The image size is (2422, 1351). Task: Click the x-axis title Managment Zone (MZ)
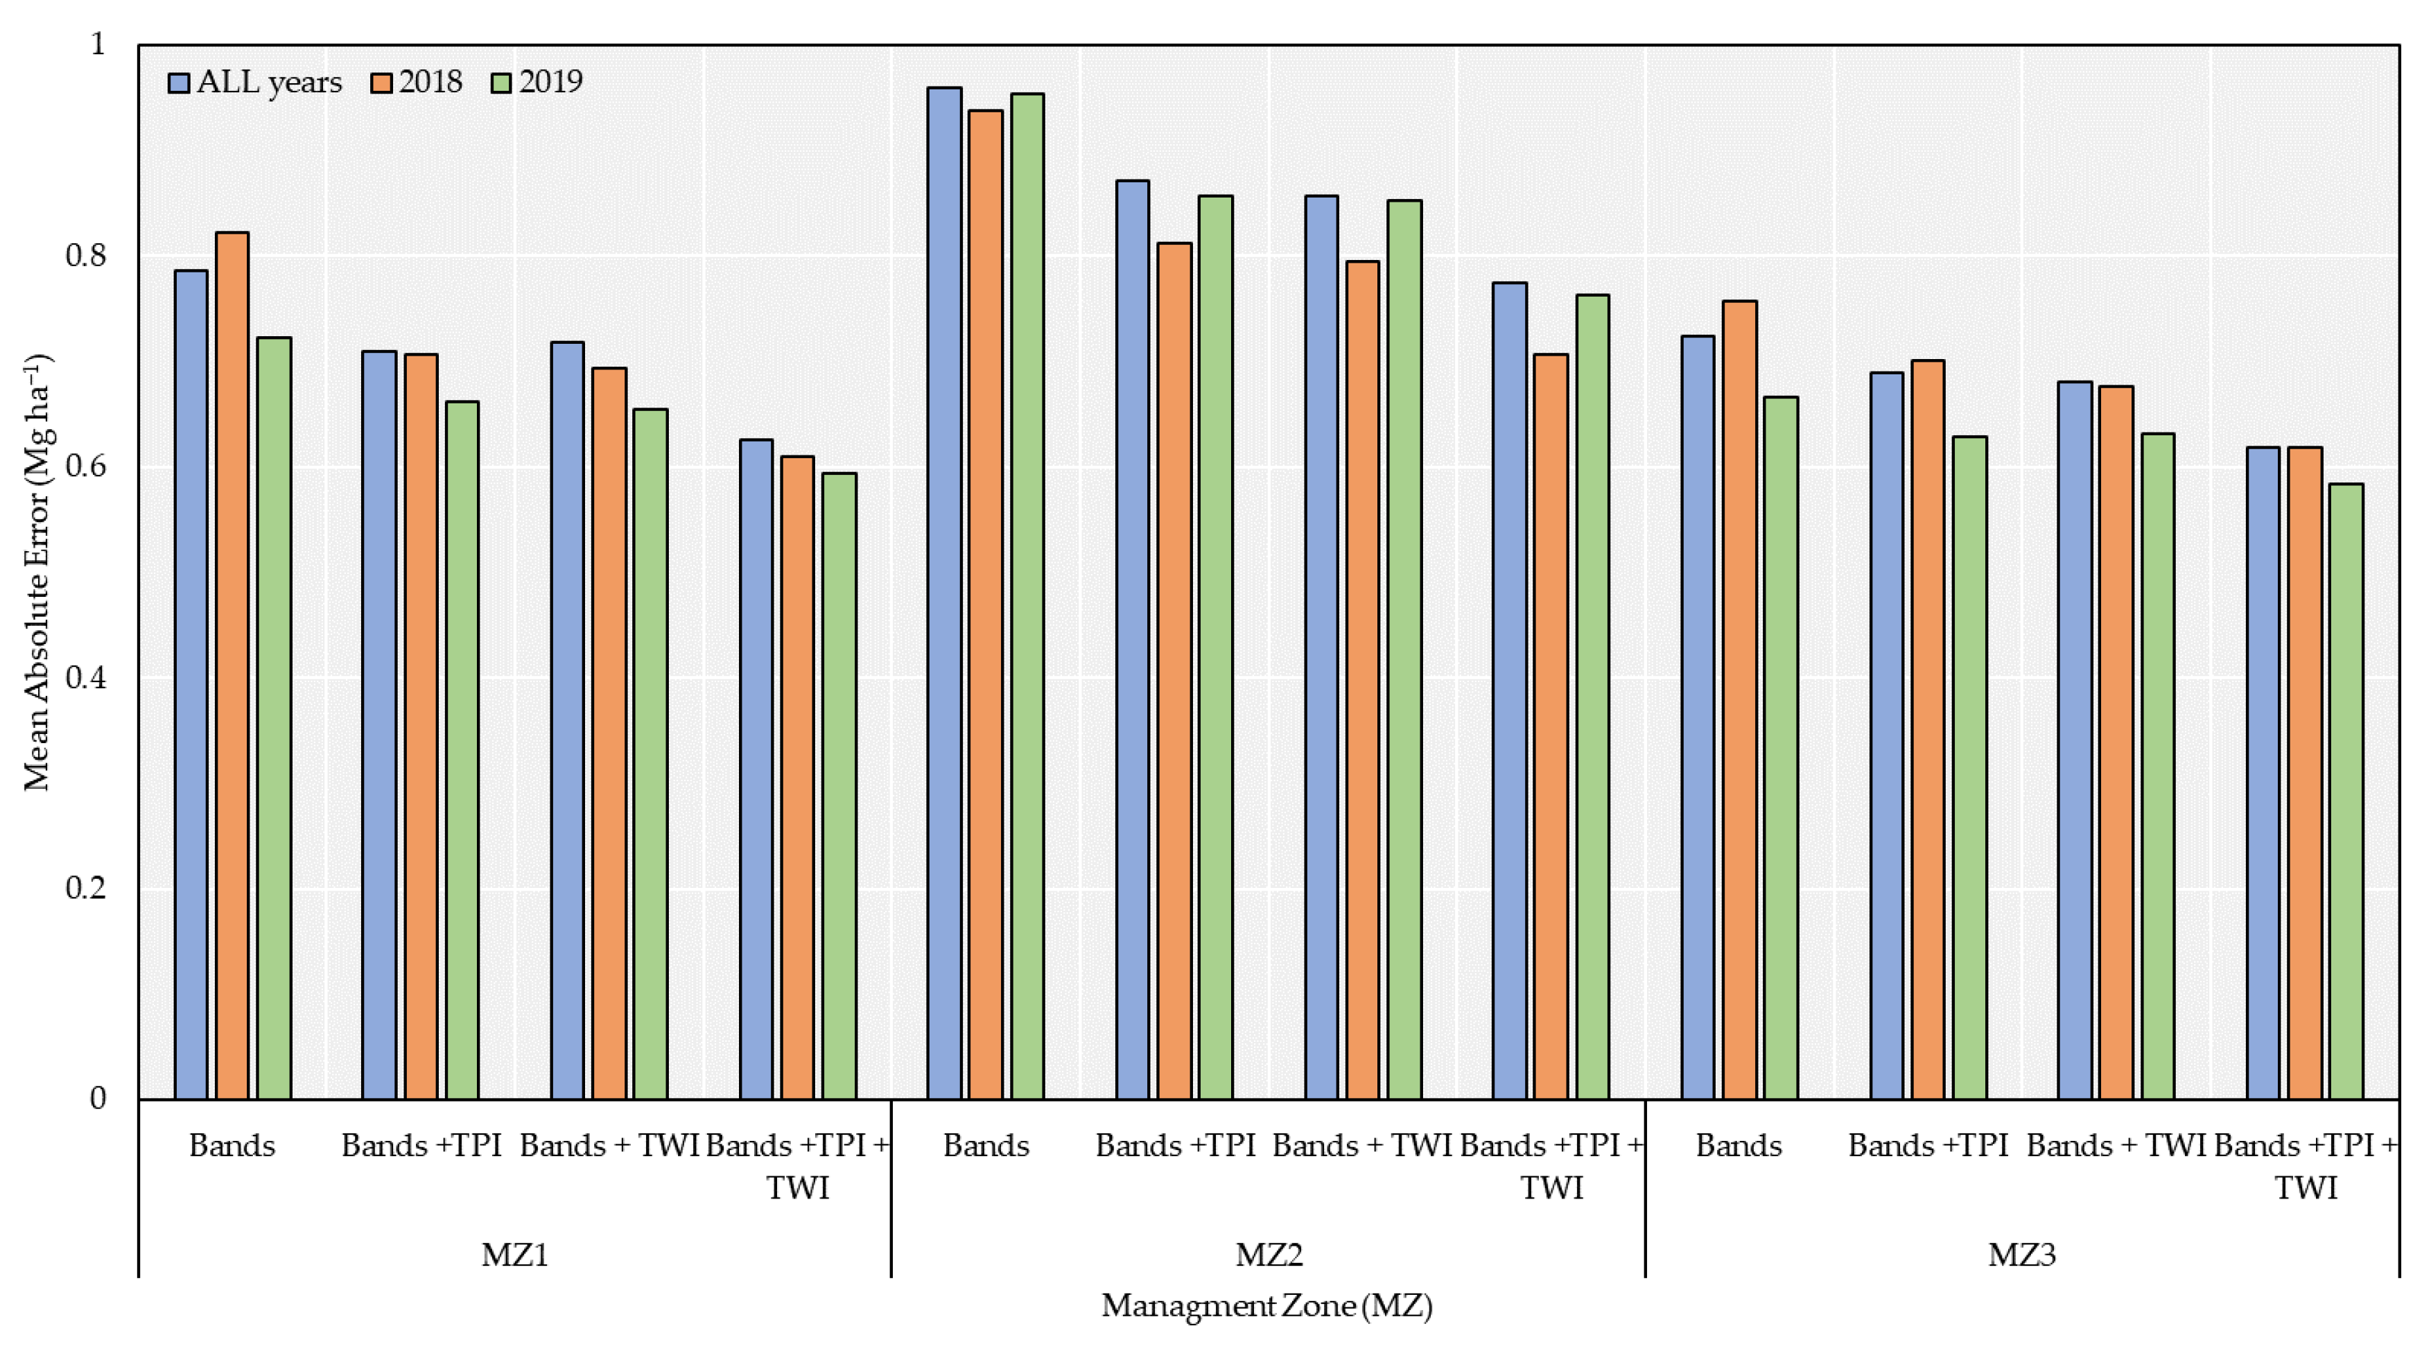(1266, 1306)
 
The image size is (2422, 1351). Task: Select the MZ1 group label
(514, 1255)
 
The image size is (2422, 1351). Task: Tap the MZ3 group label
(2021, 1255)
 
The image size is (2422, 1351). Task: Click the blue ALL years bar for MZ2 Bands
(944, 592)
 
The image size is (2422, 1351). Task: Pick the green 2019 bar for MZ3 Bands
(1781, 747)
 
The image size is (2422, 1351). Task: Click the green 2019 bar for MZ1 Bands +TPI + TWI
(839, 786)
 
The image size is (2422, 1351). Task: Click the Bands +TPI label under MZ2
(1174, 1146)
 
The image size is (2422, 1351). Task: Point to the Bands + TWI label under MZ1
(609, 1146)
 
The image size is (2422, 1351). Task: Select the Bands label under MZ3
(1739, 1146)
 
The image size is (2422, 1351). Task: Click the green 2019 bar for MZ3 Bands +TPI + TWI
(2346, 791)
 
